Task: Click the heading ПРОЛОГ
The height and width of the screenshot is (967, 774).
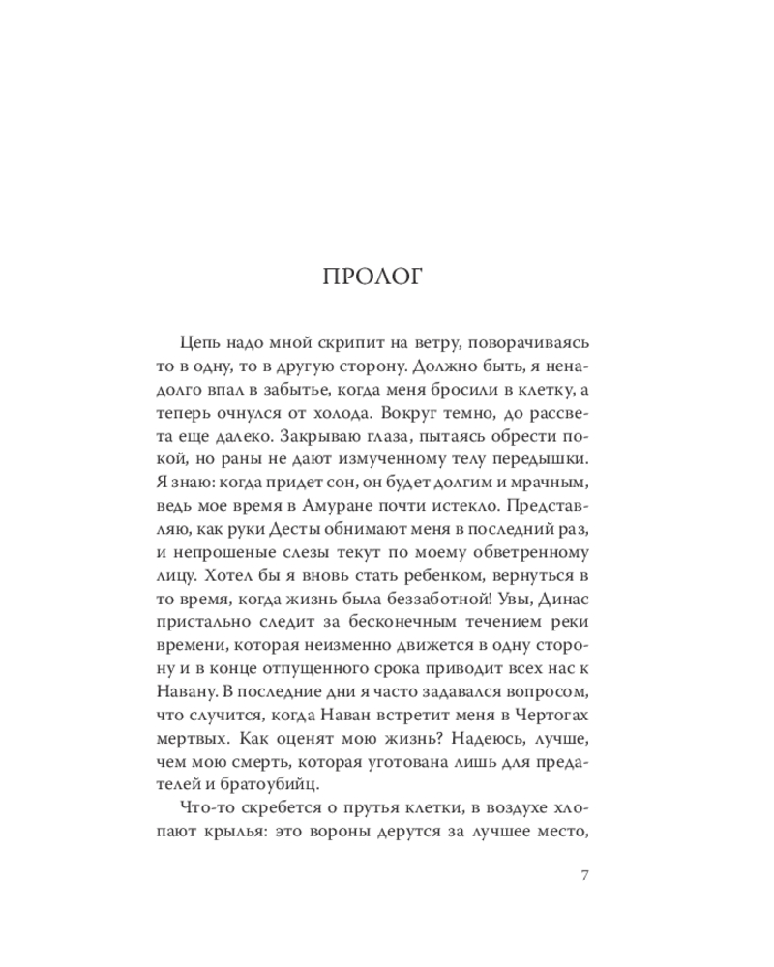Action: tap(372, 278)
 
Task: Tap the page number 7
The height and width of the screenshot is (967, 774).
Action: tap(583, 876)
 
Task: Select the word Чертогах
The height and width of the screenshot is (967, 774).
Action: tap(546, 718)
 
